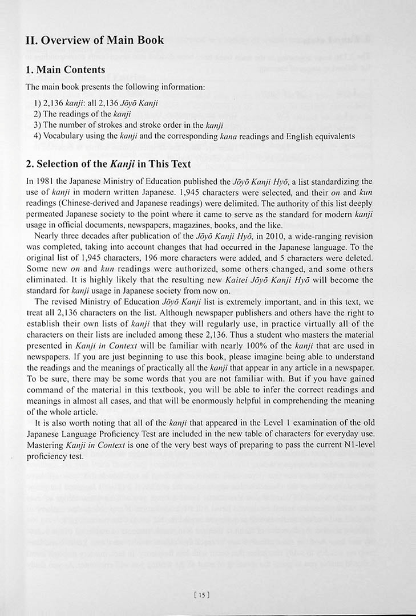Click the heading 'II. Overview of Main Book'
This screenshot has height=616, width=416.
[x=95, y=40]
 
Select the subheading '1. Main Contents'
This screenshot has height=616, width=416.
[x=66, y=70]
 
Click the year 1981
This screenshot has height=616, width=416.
[x=47, y=181]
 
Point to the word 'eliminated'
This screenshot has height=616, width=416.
[x=49, y=280]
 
